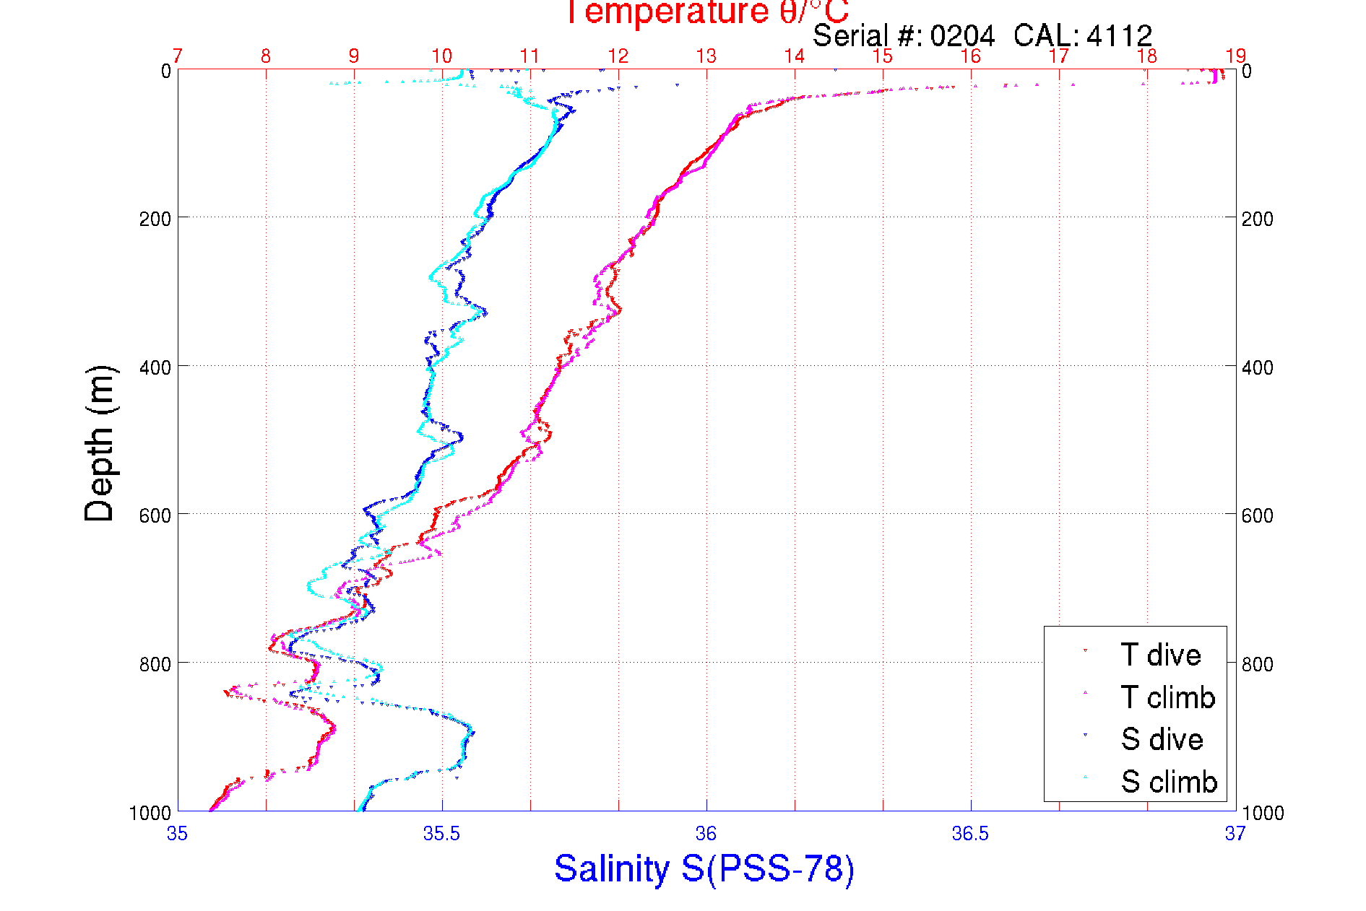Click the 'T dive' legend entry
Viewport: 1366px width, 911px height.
pos(1160,655)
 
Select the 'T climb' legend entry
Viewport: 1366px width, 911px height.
pos(1167,697)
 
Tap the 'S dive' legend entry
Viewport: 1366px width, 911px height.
pos(1162,739)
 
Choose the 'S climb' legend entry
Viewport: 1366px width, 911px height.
pos(1169,782)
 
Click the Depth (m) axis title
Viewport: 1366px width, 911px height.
pos(100,443)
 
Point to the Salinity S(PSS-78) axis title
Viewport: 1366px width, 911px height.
pos(704,868)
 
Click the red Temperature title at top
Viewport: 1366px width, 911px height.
pos(706,12)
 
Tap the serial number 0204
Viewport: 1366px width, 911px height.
pos(962,35)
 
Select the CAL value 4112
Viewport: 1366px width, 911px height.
pos(1119,35)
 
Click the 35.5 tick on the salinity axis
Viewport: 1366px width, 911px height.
pos(441,834)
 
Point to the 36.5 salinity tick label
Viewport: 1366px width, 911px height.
pos(970,834)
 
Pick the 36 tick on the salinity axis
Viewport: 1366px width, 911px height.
pos(706,834)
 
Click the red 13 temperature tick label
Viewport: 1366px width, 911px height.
pos(706,56)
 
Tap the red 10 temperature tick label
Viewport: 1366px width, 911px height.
pos(441,56)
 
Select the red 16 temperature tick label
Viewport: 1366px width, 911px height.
pos(970,56)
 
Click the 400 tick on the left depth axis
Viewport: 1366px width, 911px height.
pos(155,367)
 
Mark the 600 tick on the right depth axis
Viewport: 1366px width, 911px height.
pos(1258,515)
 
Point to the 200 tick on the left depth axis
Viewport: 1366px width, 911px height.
pos(155,218)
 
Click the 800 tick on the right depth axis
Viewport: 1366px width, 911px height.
pos(1258,663)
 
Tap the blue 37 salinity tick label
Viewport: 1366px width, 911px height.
pos(1235,834)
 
